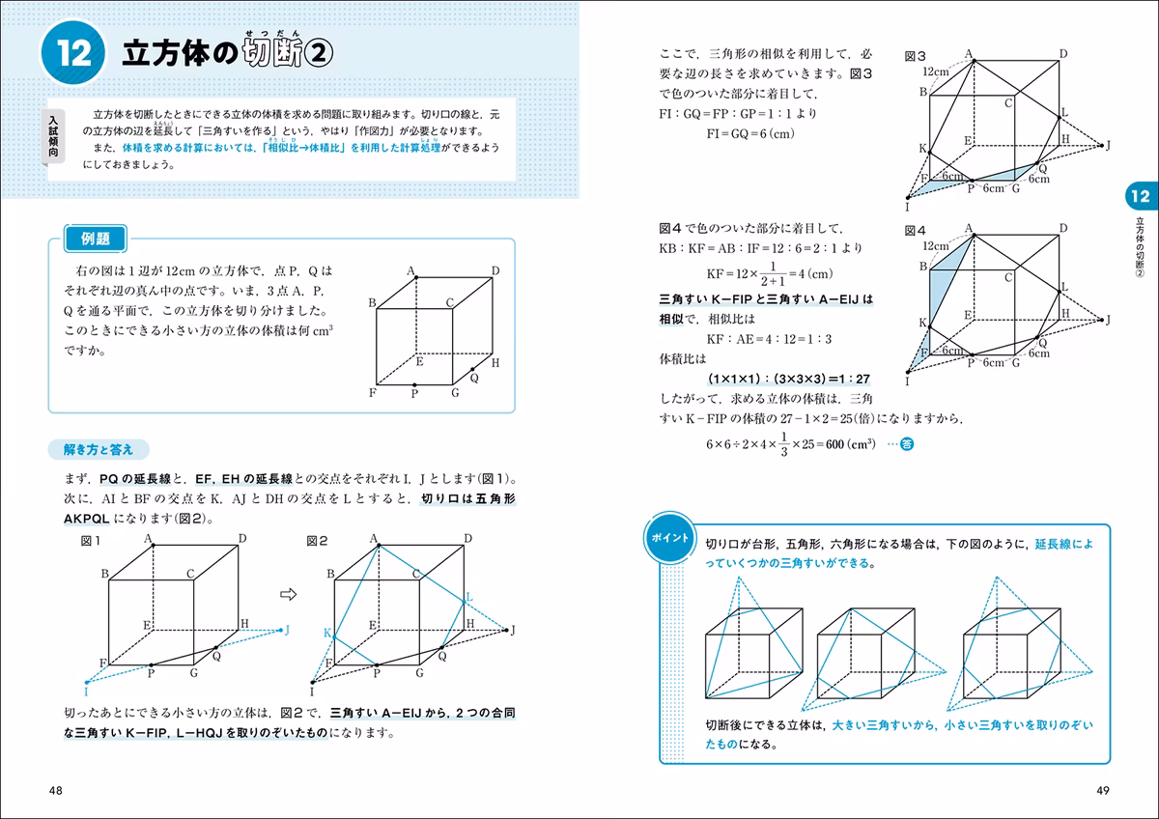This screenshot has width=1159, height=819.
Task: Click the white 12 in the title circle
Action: (x=73, y=53)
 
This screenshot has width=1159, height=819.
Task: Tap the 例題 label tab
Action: (x=96, y=239)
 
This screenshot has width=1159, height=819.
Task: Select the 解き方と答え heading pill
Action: (x=99, y=450)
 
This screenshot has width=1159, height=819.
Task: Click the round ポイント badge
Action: (x=669, y=538)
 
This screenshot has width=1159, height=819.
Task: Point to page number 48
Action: (x=55, y=791)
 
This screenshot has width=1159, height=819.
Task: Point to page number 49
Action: (x=1103, y=791)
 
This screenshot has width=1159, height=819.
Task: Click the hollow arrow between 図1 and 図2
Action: (x=288, y=594)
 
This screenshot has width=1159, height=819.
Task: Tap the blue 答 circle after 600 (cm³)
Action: (x=907, y=444)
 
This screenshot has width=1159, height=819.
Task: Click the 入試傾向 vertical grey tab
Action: (x=53, y=136)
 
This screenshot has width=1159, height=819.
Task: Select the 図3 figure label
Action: (x=915, y=56)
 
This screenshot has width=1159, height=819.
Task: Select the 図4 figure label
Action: (x=915, y=230)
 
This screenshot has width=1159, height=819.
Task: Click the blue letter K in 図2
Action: (x=327, y=633)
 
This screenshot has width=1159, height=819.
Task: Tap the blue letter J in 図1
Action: (x=287, y=630)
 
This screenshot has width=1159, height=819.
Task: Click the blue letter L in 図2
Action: (x=469, y=597)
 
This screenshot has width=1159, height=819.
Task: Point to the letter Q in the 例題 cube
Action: (x=474, y=379)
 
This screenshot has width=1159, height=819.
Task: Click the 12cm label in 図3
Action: (x=936, y=71)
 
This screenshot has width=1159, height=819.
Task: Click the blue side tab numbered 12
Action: (x=1141, y=196)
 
